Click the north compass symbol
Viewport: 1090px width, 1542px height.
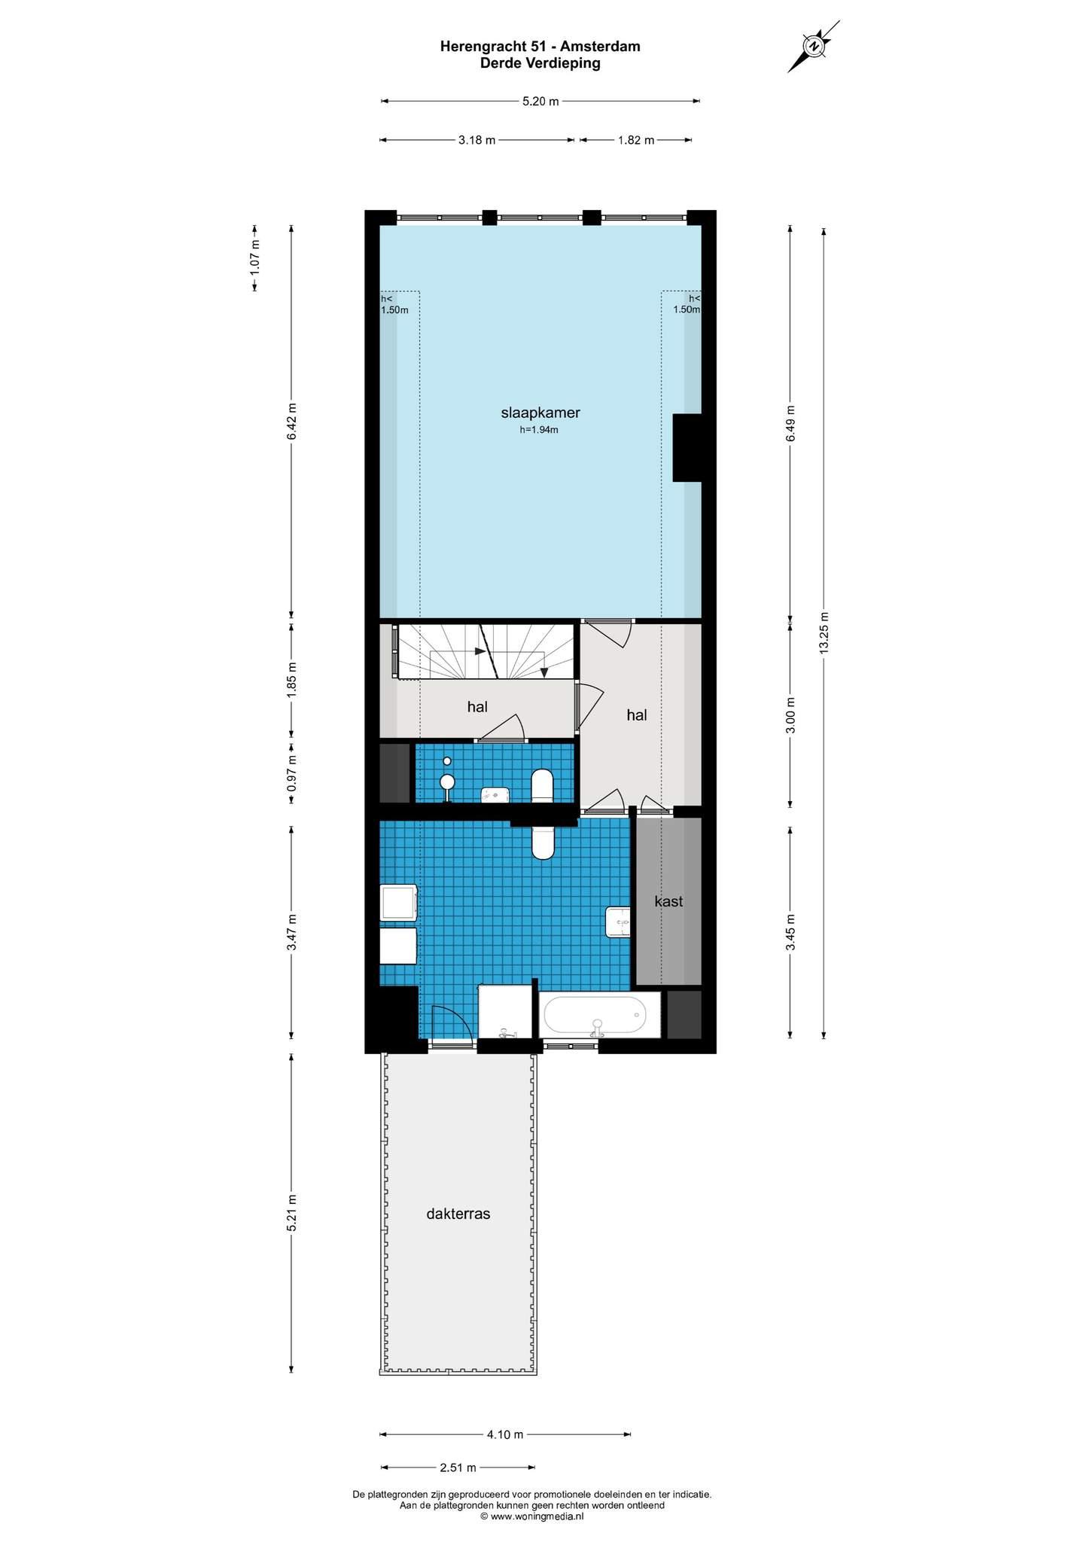pyautogui.click(x=814, y=46)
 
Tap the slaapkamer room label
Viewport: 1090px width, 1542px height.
pyautogui.click(x=540, y=413)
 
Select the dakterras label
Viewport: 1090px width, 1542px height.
pyautogui.click(x=458, y=1214)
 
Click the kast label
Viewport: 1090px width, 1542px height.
pyautogui.click(x=668, y=901)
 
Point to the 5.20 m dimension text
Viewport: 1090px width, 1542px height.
pyautogui.click(x=540, y=102)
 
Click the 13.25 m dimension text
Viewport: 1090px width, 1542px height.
pyautogui.click(x=824, y=634)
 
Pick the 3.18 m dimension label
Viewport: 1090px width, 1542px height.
pyautogui.click(x=476, y=140)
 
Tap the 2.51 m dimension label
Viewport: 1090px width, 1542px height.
pyautogui.click(x=458, y=1467)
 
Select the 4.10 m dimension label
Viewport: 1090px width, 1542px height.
pyautogui.click(x=504, y=1434)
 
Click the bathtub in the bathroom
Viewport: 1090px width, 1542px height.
pyautogui.click(x=595, y=1016)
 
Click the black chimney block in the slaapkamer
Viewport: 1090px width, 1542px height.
pyautogui.click(x=687, y=447)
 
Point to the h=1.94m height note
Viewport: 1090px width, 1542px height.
pyautogui.click(x=539, y=431)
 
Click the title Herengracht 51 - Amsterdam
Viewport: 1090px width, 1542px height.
pyautogui.click(x=540, y=47)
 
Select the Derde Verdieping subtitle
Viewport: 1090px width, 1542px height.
pyautogui.click(x=540, y=63)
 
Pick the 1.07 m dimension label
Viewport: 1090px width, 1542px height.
pyautogui.click(x=255, y=256)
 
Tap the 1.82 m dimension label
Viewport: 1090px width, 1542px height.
pyautogui.click(x=636, y=140)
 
